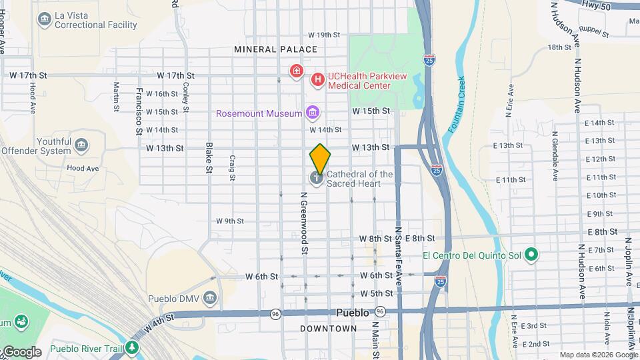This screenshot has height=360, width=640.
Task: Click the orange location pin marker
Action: tap(320, 158)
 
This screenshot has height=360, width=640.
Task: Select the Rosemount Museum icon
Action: tap(312, 113)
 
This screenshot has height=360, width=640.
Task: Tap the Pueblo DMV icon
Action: tap(211, 297)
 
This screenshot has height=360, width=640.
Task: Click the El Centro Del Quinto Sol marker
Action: tap(531, 255)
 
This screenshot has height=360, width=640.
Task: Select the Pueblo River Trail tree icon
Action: tap(133, 347)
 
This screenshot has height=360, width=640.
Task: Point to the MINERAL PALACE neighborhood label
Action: tap(275, 49)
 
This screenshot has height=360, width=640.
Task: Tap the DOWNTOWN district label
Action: tap(328, 329)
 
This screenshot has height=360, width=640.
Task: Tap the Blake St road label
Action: tap(209, 158)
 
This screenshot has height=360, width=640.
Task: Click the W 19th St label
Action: tap(324, 35)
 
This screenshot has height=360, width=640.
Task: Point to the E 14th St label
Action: tap(600, 123)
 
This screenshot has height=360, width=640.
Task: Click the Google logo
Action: tap(21, 352)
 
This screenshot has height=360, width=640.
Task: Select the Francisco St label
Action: tap(139, 111)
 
